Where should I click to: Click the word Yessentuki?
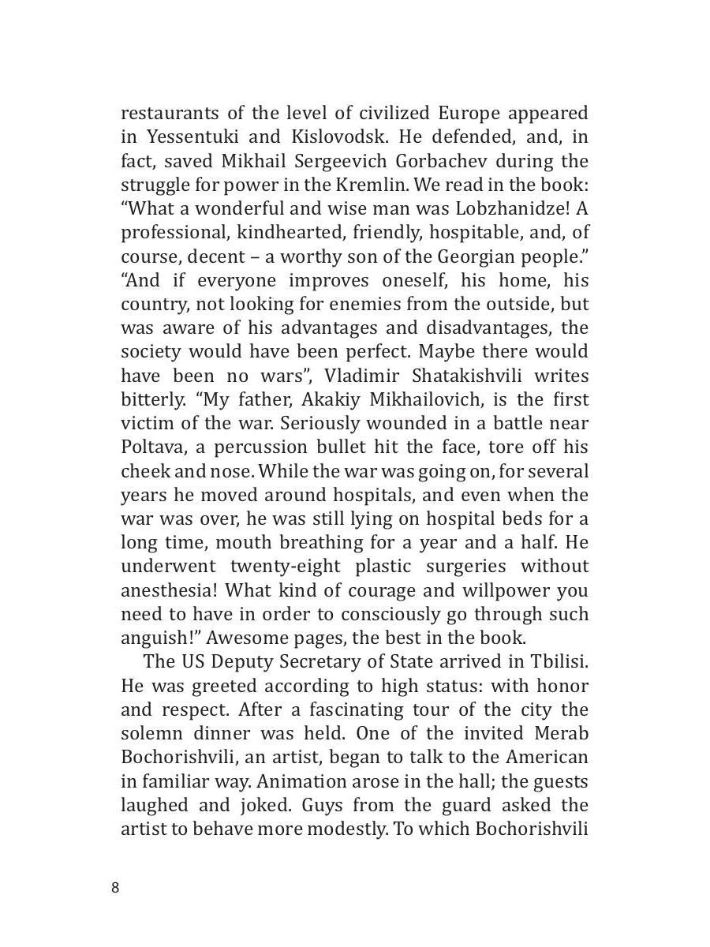pos(186,137)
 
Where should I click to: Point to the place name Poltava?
pos(150,447)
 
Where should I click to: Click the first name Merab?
pos(559,734)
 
